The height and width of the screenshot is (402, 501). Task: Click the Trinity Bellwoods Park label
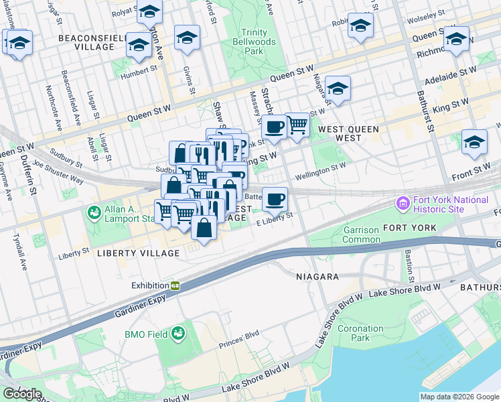(255, 42)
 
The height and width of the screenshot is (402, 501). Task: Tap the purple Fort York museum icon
(403, 203)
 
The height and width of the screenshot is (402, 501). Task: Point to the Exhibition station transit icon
(175, 285)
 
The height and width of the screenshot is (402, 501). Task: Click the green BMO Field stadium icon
(178, 332)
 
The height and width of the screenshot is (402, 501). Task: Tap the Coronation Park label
(360, 333)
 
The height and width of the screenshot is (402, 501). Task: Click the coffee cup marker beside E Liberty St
(275, 199)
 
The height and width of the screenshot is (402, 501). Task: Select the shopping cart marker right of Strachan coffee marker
(297, 125)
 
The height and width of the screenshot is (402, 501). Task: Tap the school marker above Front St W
(474, 141)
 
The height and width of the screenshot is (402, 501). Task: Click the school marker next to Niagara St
(338, 88)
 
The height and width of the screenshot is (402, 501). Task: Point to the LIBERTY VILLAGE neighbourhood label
(138, 253)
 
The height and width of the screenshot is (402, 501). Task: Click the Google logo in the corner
(22, 393)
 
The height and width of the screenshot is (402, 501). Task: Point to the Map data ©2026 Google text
(459, 397)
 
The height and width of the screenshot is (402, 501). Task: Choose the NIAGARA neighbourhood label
(317, 276)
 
